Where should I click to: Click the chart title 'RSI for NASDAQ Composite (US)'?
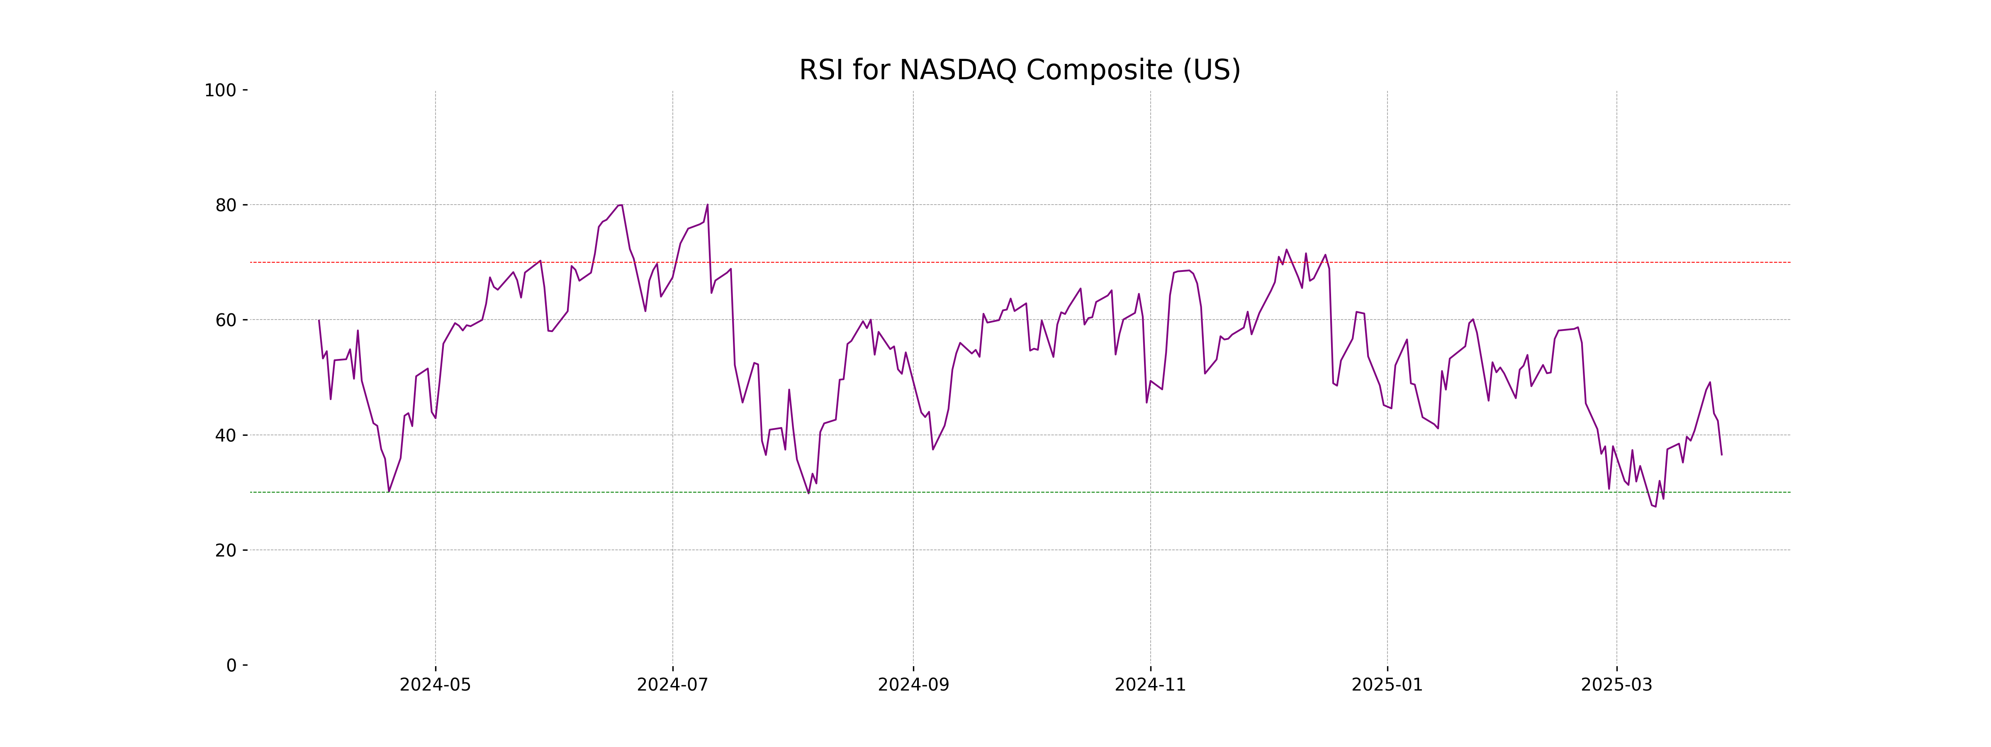click(1020, 71)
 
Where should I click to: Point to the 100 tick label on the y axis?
click(220, 90)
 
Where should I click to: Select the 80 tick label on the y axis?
click(226, 206)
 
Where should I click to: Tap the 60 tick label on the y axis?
click(226, 320)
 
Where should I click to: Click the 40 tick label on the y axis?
click(226, 435)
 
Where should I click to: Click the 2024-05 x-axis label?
click(435, 685)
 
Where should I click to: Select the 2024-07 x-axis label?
click(672, 685)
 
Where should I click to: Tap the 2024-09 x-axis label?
click(913, 685)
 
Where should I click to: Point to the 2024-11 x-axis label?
click(1150, 685)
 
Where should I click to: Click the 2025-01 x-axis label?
click(1387, 685)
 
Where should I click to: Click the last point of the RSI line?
click(1721, 455)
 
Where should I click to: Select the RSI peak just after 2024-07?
click(707, 205)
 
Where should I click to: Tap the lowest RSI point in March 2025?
click(1655, 506)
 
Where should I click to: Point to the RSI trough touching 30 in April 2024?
click(389, 491)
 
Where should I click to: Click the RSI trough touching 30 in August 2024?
click(808, 493)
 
